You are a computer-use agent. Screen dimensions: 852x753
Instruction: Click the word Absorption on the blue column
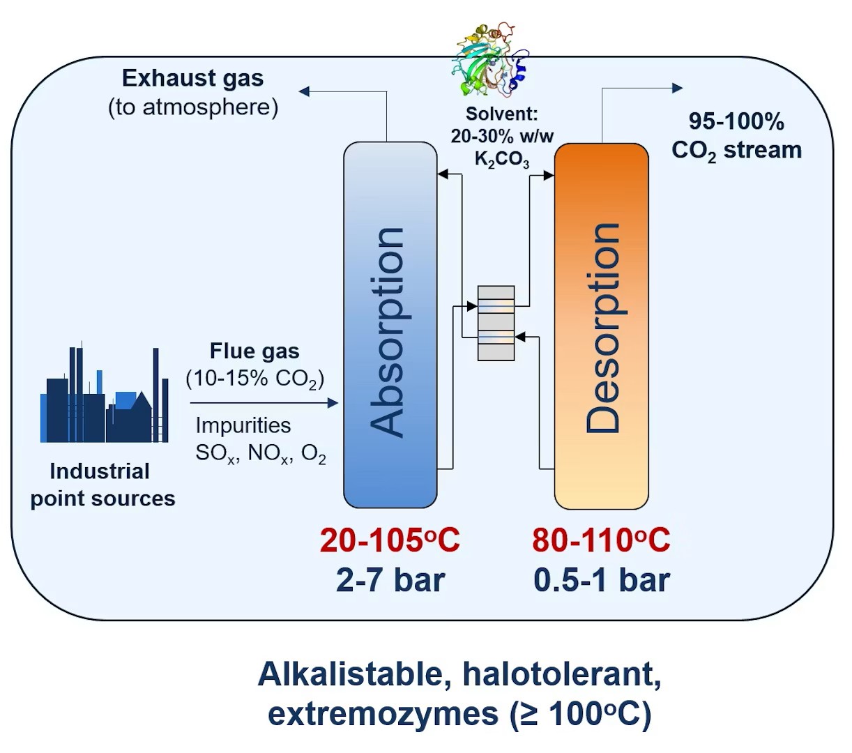(386, 333)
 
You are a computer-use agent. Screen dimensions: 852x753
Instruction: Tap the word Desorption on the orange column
(602, 328)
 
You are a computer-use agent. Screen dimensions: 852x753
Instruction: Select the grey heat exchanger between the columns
(496, 323)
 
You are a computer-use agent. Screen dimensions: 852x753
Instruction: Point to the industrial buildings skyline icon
(105, 392)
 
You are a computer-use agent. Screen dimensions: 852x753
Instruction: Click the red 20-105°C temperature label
(390, 540)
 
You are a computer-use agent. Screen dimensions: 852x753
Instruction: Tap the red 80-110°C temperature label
(602, 540)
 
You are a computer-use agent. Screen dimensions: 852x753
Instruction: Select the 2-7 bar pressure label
(390, 581)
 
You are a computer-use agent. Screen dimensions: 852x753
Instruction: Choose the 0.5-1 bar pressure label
(602, 581)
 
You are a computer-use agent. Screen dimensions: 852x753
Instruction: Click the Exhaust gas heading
(193, 78)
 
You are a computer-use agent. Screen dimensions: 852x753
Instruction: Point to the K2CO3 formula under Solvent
(502, 160)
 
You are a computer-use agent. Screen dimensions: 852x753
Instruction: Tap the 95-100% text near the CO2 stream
(736, 121)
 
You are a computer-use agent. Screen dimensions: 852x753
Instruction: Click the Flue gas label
(254, 351)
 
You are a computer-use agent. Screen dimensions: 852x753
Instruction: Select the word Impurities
(243, 425)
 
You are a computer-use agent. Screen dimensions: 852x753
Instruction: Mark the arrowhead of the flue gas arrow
(333, 403)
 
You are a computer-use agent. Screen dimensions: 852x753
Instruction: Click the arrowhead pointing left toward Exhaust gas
(304, 91)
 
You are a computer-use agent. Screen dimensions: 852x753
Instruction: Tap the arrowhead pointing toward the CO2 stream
(678, 88)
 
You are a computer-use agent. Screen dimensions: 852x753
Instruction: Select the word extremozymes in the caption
(383, 714)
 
